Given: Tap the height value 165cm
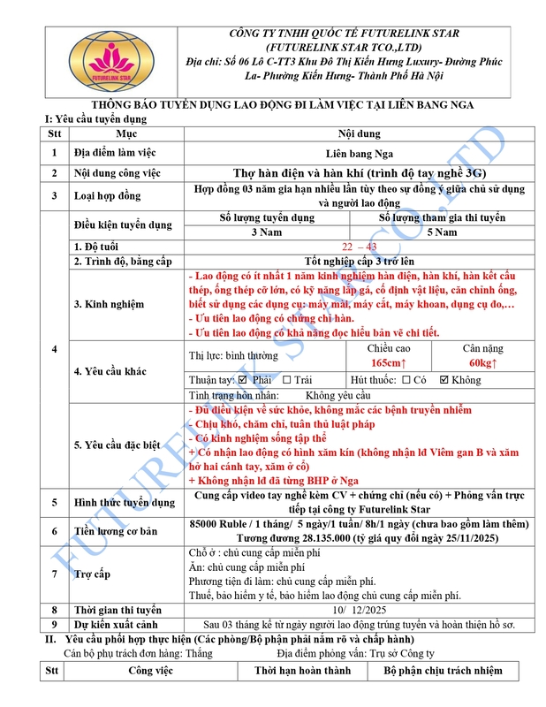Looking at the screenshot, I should pyautogui.click(x=389, y=362).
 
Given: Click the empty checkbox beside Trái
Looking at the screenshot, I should pyautogui.click(x=287, y=379).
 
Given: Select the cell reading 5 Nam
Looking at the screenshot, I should pyautogui.click(x=442, y=232).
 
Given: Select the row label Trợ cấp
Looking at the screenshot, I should pyautogui.click(x=92, y=574).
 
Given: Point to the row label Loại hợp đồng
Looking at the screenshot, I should pyautogui.click(x=107, y=195).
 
